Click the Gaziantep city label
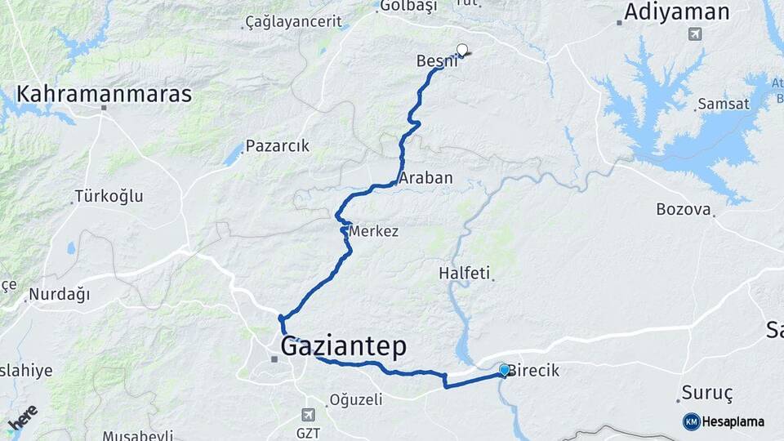[x=343, y=347]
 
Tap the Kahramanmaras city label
[x=105, y=94]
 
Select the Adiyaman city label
[x=676, y=11]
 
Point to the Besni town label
[x=435, y=60]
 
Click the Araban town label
[x=425, y=177]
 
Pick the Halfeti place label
[x=465, y=273]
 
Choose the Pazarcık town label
[x=278, y=147]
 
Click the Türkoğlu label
[x=109, y=196]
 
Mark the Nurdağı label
[x=59, y=294]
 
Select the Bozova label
[x=684, y=209]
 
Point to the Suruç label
[x=708, y=393]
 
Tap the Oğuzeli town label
[x=355, y=399]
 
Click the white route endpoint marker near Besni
[x=463, y=51]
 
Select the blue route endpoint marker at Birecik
[x=504, y=371]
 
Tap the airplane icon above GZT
[x=307, y=415]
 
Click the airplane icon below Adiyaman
[x=694, y=34]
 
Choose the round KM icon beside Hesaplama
[x=692, y=421]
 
